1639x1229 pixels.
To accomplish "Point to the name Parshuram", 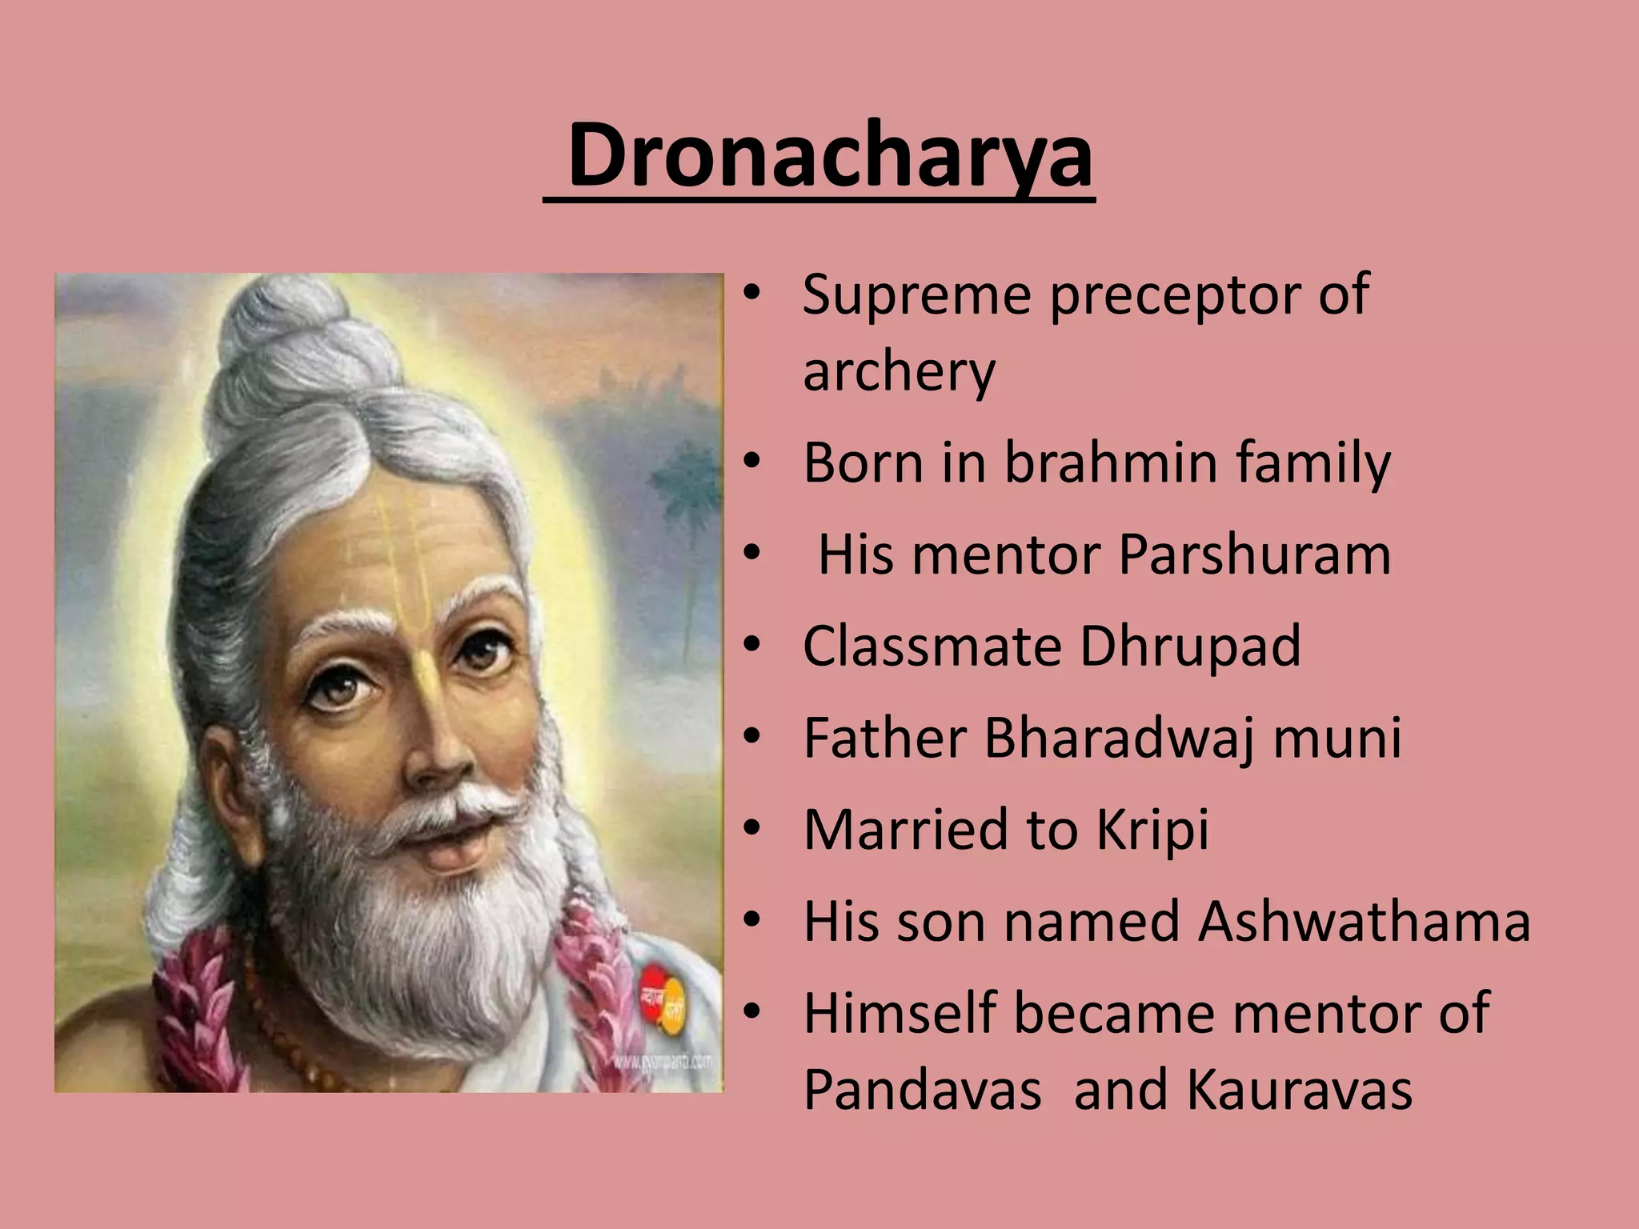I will point(1254,554).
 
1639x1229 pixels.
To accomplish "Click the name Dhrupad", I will point(1190,646).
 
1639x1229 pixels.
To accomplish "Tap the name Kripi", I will point(1152,830).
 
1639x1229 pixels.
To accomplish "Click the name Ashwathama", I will point(1364,922).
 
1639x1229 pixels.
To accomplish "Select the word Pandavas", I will point(922,1090).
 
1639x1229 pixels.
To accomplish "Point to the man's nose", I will point(436,744).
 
